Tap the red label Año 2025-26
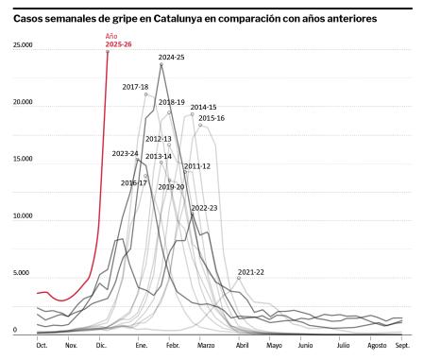(118, 41)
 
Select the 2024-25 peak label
(171, 58)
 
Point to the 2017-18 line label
(135, 87)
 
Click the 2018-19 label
(171, 102)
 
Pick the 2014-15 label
(203, 108)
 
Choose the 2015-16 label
(212, 118)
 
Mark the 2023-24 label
(125, 153)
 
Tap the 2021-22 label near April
(250, 272)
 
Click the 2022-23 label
(204, 208)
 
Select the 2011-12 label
(196, 166)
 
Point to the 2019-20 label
(171, 187)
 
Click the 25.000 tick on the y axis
(23, 45)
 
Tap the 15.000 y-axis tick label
(23, 160)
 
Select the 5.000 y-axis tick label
(23, 274)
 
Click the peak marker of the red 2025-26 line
(108, 51)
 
